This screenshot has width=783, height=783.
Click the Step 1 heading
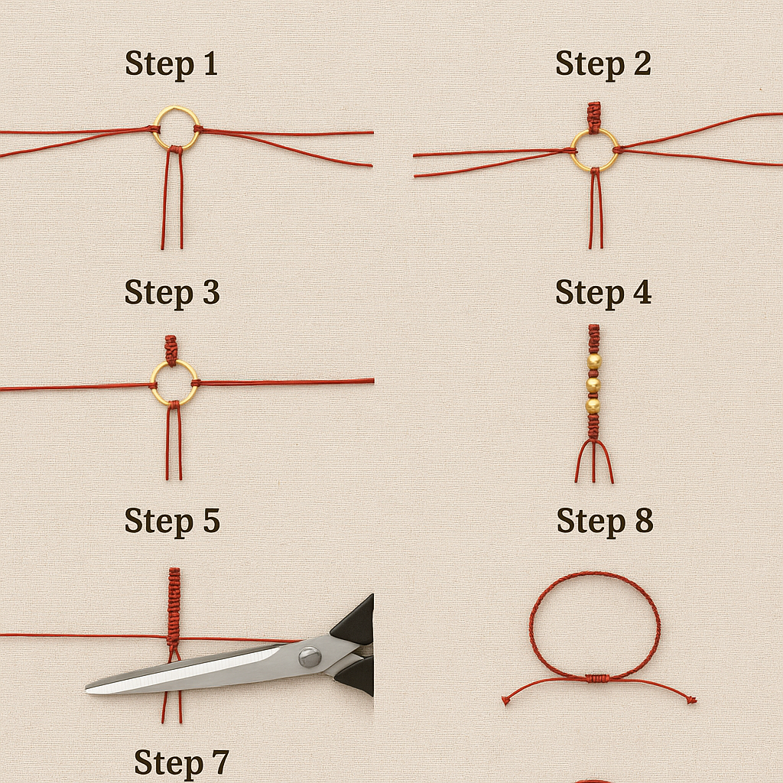171,64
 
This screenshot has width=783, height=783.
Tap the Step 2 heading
603,64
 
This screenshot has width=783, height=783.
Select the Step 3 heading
172,293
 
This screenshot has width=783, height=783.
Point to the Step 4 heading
603,293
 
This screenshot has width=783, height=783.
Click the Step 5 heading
172,521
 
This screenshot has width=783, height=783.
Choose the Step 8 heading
605,521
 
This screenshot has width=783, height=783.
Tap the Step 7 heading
181,763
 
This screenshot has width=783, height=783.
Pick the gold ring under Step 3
174,363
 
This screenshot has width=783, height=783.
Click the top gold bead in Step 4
593,362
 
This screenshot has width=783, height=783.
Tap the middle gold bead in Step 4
593,385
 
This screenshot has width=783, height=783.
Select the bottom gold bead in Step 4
593,405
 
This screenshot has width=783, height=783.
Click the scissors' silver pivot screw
309,657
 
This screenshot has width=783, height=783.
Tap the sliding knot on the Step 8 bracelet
596,678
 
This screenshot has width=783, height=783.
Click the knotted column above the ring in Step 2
593,117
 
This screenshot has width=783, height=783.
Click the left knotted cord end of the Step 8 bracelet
505,702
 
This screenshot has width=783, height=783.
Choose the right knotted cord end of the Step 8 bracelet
692,700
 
